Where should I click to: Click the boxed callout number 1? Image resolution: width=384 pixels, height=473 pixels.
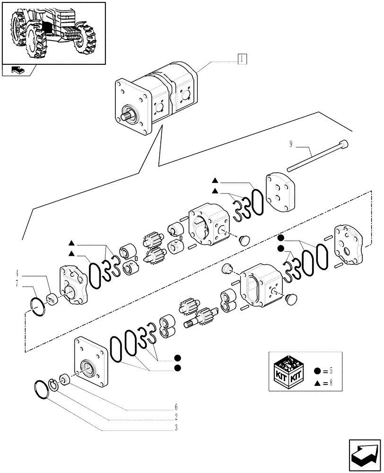241,60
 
